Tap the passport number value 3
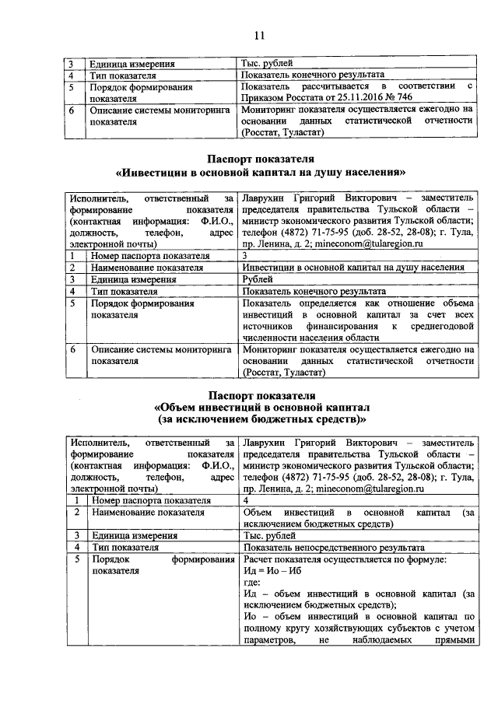tap(245, 254)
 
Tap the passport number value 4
tap(245, 500)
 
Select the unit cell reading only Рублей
tap(258, 278)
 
